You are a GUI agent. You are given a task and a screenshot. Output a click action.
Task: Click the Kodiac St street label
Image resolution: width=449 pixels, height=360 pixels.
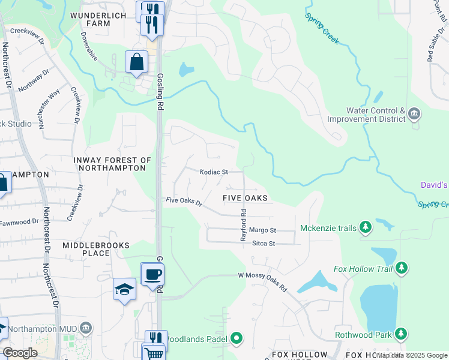214,172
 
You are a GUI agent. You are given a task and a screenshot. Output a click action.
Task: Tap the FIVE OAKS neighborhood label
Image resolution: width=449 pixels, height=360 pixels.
244,198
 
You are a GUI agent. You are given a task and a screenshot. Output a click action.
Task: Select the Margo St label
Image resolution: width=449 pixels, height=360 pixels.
262,230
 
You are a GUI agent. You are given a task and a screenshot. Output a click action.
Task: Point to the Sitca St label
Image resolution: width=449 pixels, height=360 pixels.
263,244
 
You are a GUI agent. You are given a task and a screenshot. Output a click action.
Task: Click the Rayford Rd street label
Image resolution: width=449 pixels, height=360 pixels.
244,224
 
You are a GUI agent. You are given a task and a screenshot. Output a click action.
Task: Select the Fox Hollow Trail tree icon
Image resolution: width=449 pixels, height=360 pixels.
402,268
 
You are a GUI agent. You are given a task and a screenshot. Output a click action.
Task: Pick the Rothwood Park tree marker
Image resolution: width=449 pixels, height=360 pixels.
400,334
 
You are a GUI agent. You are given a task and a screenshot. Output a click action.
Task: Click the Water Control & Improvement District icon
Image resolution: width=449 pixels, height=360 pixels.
414,114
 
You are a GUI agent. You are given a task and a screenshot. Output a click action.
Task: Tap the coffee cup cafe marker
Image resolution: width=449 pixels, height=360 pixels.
152,274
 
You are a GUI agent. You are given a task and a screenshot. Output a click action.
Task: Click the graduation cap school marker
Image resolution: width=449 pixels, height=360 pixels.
125,290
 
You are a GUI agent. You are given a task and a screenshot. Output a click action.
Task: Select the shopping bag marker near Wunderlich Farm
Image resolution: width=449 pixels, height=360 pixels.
137,62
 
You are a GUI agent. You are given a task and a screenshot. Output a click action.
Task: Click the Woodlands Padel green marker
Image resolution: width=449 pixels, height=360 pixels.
237,339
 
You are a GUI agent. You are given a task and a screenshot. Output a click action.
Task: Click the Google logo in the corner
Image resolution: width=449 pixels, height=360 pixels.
20,353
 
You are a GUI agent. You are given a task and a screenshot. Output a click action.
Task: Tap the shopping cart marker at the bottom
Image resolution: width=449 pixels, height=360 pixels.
154,353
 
